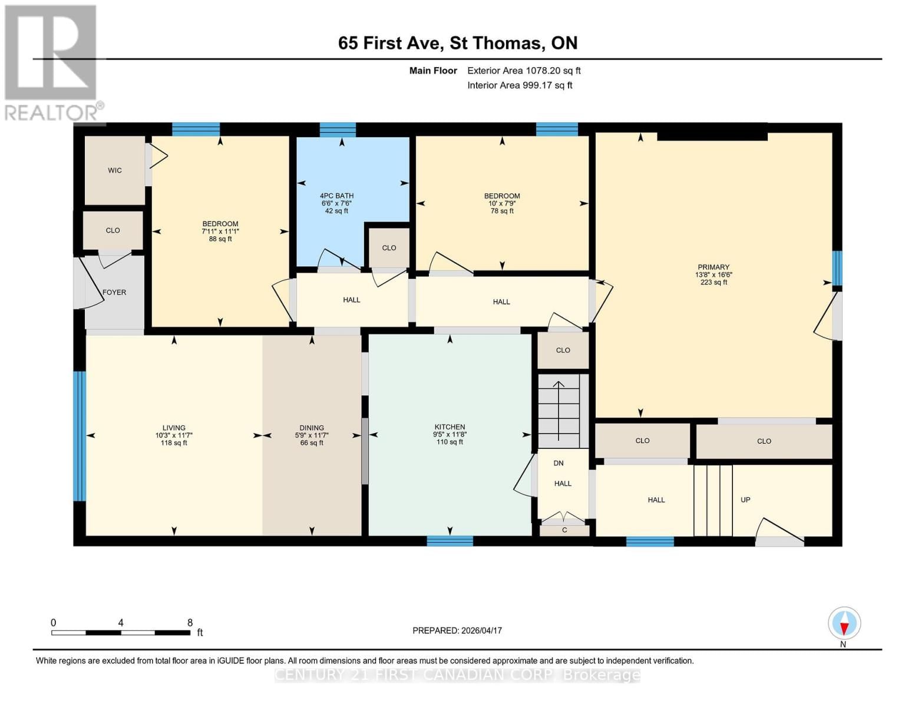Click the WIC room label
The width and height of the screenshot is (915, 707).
point(115,170)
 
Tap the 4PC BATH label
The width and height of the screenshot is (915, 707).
point(336,196)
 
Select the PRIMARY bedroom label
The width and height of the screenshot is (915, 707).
point(713,267)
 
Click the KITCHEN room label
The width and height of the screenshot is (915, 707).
point(450,427)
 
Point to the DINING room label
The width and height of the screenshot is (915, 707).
point(312,428)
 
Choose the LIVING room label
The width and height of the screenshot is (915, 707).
point(174,428)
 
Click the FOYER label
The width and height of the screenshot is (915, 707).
point(114,292)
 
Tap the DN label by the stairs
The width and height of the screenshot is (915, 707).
point(559,463)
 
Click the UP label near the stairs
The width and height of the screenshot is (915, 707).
point(745,500)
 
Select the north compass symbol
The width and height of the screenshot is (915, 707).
point(844,623)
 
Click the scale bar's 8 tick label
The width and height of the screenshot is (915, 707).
point(190,623)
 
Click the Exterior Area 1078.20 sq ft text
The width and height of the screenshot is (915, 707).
point(524,71)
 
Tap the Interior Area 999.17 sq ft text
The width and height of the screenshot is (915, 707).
point(520,85)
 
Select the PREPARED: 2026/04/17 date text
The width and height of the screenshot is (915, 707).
point(457,630)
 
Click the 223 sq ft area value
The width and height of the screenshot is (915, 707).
point(713,282)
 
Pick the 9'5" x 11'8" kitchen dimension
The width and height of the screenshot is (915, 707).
point(450,434)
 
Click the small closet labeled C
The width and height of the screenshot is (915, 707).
point(564,530)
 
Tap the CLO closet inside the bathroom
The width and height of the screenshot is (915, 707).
point(389,247)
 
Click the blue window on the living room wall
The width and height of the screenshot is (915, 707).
point(80,436)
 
